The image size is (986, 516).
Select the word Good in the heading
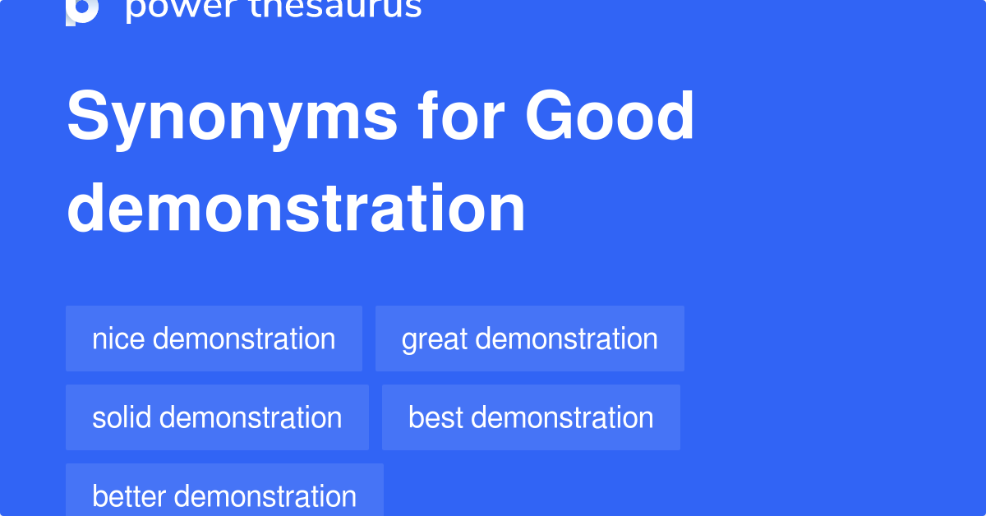(610, 117)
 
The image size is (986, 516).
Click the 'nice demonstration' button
(214, 339)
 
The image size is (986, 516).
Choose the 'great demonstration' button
(529, 339)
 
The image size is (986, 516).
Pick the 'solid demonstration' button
(217, 417)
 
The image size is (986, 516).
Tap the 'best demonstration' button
(531, 417)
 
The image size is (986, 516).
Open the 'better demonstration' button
(224, 493)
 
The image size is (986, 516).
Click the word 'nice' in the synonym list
(119, 339)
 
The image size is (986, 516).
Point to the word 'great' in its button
(435, 339)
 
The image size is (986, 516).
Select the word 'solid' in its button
(122, 417)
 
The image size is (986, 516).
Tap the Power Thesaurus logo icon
(82, 10)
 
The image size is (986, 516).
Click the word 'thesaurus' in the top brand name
(339, 8)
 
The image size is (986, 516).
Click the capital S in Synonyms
(88, 117)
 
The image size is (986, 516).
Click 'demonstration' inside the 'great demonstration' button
(566, 339)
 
